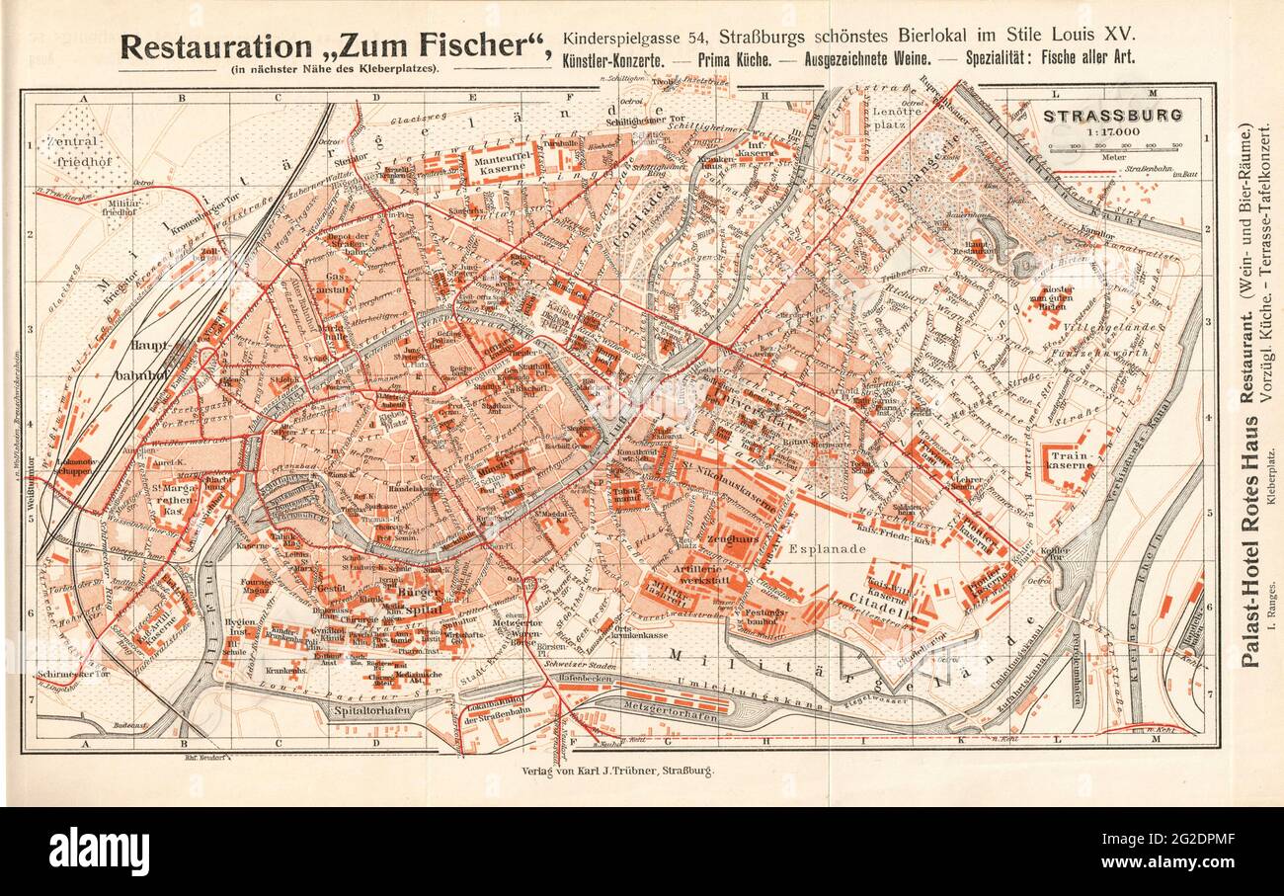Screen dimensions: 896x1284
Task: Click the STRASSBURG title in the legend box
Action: (1112, 115)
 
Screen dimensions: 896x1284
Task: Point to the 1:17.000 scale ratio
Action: (1112, 131)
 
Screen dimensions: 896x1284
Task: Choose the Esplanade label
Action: (827, 548)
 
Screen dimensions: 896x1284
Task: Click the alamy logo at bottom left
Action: (100, 851)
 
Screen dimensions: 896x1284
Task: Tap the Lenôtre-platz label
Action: (897, 119)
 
